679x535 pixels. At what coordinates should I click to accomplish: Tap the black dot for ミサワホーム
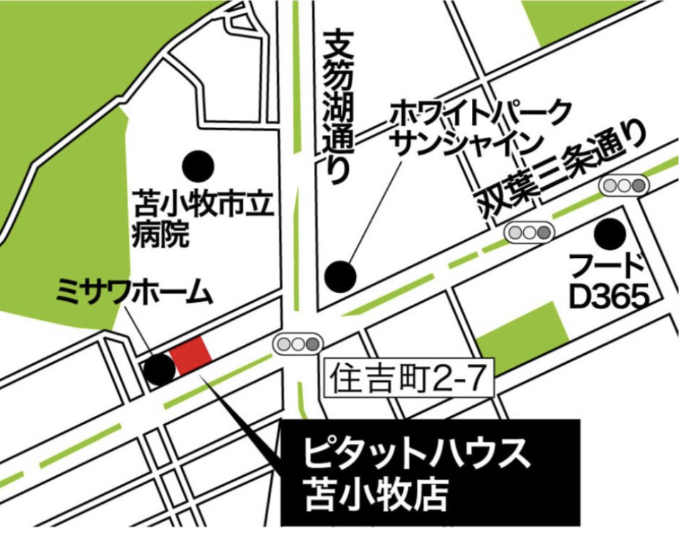coord(159,370)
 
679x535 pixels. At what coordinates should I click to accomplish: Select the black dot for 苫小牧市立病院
coord(197,166)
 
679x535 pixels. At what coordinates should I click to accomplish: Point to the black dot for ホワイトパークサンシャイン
coord(341,274)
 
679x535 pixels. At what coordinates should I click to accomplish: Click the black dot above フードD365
coord(610,232)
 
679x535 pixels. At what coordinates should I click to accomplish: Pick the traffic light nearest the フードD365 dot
coord(623,186)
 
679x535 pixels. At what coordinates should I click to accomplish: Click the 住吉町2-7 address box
coord(409,378)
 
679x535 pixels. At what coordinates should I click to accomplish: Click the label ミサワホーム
coord(133,292)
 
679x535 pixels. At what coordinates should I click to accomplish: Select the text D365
coord(609,297)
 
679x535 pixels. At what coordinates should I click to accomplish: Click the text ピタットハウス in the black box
coord(417,454)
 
